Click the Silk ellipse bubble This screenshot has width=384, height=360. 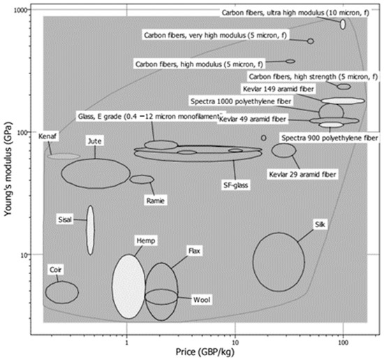(x=279, y=262)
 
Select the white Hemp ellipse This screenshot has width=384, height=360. (x=129, y=287)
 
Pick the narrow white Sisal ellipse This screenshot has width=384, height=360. (x=90, y=230)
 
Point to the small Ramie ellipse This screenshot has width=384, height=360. (x=142, y=179)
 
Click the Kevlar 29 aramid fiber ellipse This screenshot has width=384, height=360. (x=283, y=150)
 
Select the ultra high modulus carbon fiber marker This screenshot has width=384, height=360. (x=343, y=24)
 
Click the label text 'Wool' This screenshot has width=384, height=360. (x=202, y=300)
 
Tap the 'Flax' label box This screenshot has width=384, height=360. (x=195, y=250)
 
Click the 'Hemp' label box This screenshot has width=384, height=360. (x=145, y=240)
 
